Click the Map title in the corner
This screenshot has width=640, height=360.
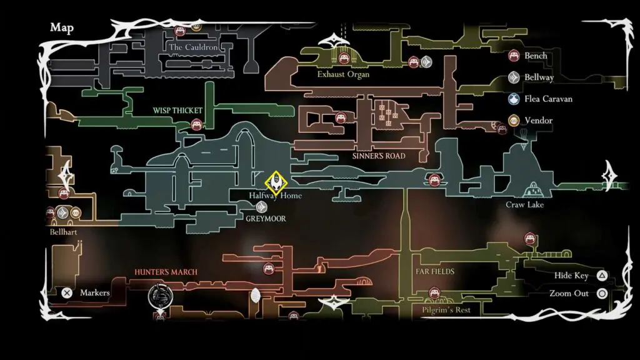[x=62, y=27]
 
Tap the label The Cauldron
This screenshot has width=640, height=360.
[x=193, y=47]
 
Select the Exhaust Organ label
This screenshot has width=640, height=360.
[x=343, y=74]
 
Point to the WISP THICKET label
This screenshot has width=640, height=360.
[x=177, y=111]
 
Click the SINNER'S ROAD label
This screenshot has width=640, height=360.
[x=379, y=156]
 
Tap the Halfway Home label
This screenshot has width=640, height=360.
[x=276, y=196]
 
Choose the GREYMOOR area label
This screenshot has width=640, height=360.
[x=266, y=219]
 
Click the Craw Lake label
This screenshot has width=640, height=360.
[x=525, y=205]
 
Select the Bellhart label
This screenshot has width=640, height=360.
[x=67, y=232]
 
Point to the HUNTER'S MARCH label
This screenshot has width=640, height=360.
[x=166, y=272]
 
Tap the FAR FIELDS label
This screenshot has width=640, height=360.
[x=434, y=272]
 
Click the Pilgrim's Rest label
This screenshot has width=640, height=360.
[x=446, y=310]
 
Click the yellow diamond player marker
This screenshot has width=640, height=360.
[x=276, y=182]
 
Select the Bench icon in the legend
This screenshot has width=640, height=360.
[x=514, y=56]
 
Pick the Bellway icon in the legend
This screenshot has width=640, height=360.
[x=514, y=77]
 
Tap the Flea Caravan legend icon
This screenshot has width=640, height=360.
[x=514, y=99]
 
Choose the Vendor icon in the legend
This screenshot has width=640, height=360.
[x=514, y=120]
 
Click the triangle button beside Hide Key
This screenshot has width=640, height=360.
[x=601, y=276]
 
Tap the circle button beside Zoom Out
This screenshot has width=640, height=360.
[x=601, y=293]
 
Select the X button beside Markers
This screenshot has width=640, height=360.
[x=67, y=292]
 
